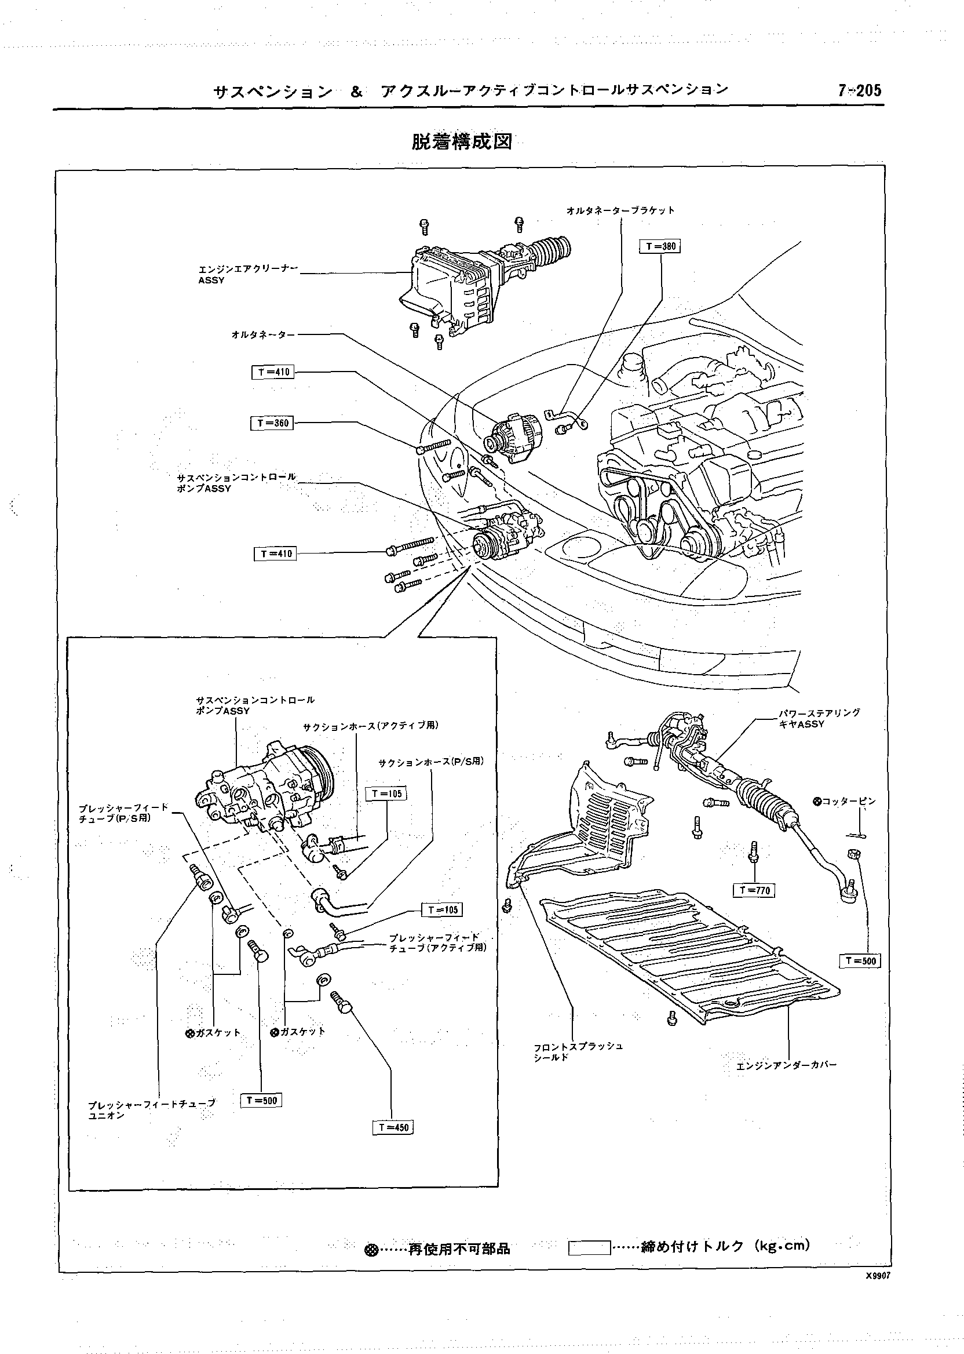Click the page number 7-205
pos(860,90)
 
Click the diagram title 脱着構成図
pos(461,142)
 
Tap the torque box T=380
pos(660,246)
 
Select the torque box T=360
pos(272,424)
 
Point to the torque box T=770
pos(754,890)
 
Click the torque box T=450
pos(393,1128)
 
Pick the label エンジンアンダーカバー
pos(787,1065)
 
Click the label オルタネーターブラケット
pos(620,211)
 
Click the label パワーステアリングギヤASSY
pos(819,718)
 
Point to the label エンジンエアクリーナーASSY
pos(248,274)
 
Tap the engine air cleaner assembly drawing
pos(463,285)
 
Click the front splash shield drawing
pos(594,825)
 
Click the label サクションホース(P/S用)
pos(431,762)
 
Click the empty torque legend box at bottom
pos(589,1248)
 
